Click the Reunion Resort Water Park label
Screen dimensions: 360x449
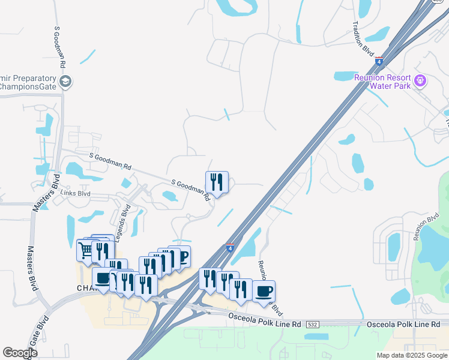[382, 82]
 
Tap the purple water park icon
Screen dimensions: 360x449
[420, 80]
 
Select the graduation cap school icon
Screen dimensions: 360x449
[66, 82]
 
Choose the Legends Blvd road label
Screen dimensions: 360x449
[125, 221]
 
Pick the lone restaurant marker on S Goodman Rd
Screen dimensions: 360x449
[217, 181]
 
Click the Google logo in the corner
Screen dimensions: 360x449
[20, 353]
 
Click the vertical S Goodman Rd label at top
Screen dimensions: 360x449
[61, 46]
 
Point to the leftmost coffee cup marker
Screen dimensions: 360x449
[102, 278]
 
